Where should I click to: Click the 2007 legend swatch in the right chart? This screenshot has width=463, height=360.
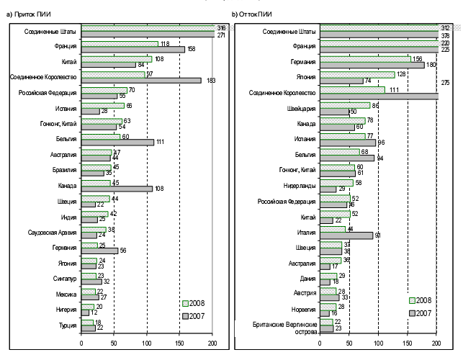point(413,312)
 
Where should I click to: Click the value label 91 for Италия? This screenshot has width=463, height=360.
point(377,235)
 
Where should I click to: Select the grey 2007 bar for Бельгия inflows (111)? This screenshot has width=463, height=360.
point(118,142)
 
